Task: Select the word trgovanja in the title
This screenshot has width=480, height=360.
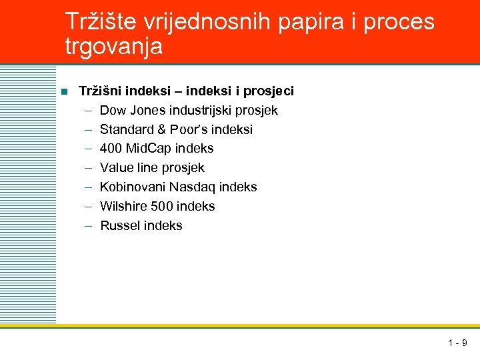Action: click(x=114, y=47)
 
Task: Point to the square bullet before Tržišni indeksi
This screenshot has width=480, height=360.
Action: click(x=64, y=91)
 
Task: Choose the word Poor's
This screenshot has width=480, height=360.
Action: click(x=189, y=129)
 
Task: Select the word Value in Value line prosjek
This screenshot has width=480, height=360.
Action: click(x=116, y=168)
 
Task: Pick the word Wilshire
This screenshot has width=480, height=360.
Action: click(x=123, y=207)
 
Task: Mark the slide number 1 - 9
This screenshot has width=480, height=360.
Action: click(x=457, y=343)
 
